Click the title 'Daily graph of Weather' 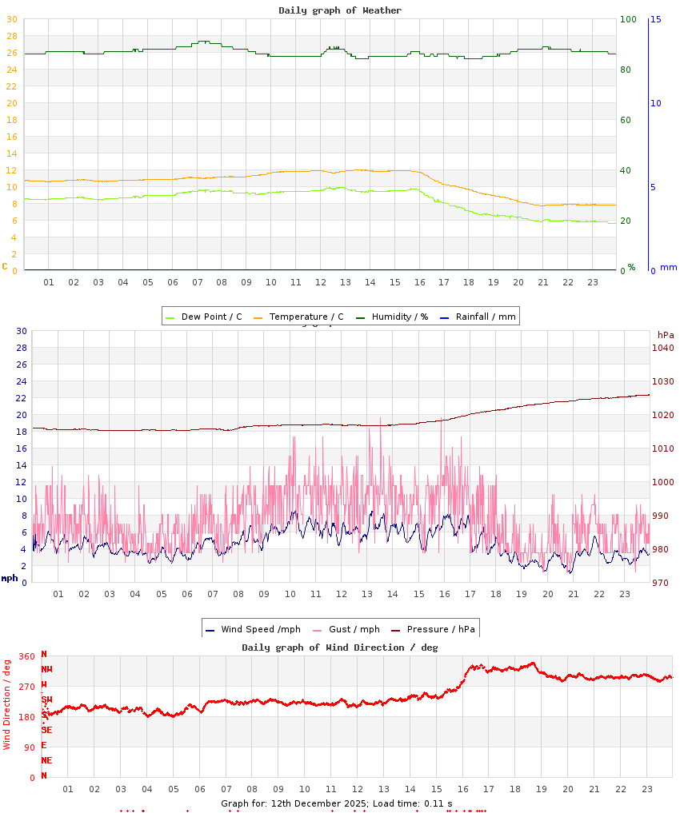[340, 10]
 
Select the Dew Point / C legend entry [203, 317]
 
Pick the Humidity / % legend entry [392, 317]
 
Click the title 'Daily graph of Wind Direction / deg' [340, 648]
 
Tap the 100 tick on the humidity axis [628, 19]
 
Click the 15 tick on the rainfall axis [656, 19]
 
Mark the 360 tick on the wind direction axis [27, 656]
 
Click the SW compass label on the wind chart [46, 699]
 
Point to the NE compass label [46, 760]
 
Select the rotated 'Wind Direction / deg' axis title [7, 703]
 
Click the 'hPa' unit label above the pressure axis [666, 334]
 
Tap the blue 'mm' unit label [668, 268]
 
